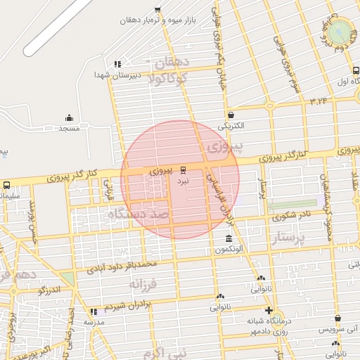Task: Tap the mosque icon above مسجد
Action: coord(69,118)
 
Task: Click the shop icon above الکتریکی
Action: coord(231,115)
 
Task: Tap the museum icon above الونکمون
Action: coord(227,238)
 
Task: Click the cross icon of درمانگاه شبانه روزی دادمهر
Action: coord(268,310)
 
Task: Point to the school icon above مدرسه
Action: coord(94,311)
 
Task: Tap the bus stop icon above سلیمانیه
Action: coord(6,186)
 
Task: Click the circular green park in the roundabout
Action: coord(340,30)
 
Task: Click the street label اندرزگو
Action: coord(49,289)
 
